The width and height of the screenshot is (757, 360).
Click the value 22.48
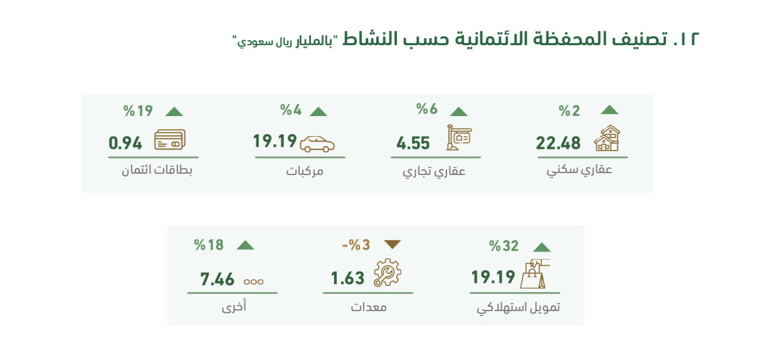[558, 143]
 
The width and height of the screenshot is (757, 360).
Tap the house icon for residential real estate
[607, 138]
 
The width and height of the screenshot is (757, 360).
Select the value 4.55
[413, 144]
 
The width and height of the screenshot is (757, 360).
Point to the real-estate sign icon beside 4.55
[458, 137]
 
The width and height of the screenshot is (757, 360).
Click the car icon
[317, 144]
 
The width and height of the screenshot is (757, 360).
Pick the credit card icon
[170, 139]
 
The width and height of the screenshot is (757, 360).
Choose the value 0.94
[125, 144]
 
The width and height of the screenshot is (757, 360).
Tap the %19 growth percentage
[138, 111]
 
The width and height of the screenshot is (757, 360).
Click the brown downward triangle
[393, 244]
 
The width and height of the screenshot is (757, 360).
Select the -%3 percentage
[356, 245]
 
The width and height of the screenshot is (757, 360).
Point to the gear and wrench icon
[388, 273]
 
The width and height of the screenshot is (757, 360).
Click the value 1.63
[347, 278]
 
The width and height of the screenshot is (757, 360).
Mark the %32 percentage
[504, 246]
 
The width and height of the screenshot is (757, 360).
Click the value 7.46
[217, 280]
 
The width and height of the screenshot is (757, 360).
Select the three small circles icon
[253, 282]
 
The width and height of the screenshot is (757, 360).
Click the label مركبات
[305, 171]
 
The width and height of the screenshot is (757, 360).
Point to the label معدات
[369, 307]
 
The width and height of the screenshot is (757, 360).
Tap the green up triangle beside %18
[245, 245]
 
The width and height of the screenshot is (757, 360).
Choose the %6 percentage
[427, 109]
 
